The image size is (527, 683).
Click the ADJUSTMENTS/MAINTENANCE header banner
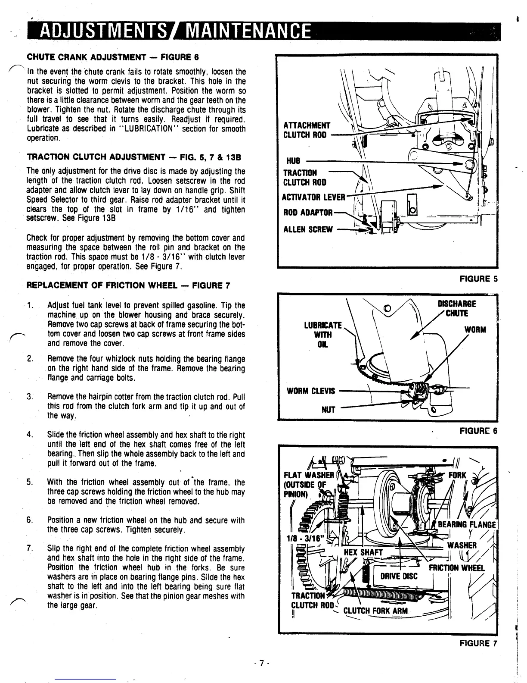(172, 30)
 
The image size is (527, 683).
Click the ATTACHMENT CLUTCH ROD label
(307, 130)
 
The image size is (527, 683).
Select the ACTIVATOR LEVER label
(313, 197)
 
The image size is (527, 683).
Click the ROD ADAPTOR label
(307, 213)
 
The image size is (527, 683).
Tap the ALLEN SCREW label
(307, 229)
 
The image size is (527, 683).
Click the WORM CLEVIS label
(311, 391)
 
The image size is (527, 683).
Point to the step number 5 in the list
(29, 482)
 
